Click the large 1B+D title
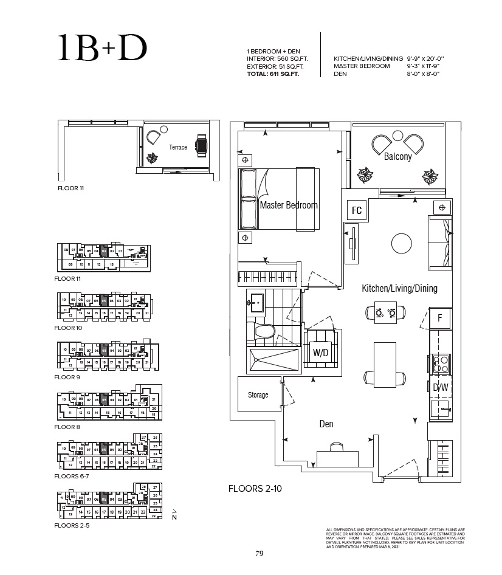(103, 49)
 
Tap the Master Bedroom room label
(288, 205)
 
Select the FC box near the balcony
(357, 210)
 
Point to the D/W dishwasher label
(441, 388)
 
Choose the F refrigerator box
(439, 318)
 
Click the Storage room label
(258, 395)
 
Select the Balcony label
(397, 156)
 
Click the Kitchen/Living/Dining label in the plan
(399, 288)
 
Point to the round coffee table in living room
(403, 244)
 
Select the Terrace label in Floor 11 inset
(178, 148)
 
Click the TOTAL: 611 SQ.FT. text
(277, 74)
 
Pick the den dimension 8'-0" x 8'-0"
(423, 74)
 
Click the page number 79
(259, 553)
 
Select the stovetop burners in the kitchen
(440, 363)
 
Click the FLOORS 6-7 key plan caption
(72, 476)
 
